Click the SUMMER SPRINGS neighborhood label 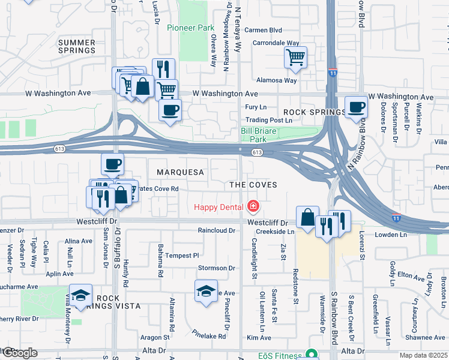77,46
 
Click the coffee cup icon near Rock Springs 357,107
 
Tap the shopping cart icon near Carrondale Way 295,58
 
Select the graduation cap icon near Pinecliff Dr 206,291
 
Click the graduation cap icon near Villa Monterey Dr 80,295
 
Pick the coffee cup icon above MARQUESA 112,163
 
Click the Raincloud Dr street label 217,230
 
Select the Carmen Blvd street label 263,30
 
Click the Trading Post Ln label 268,121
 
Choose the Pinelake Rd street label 209,334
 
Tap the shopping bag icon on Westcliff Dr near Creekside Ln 307,217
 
